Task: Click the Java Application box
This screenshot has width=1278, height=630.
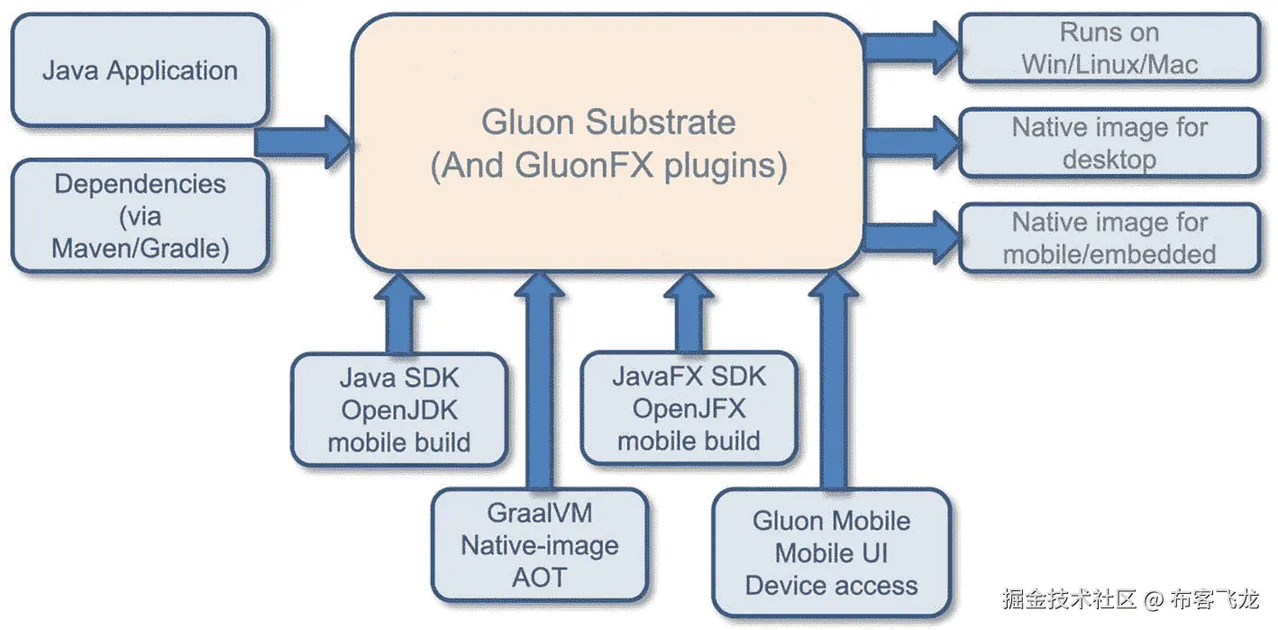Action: (x=140, y=70)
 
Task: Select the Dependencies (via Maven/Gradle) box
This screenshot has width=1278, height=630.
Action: (x=140, y=216)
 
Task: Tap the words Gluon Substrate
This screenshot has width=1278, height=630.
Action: (x=607, y=123)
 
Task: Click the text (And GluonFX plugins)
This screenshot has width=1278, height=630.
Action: (x=607, y=168)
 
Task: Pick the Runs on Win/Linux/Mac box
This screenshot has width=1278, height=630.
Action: (x=1109, y=49)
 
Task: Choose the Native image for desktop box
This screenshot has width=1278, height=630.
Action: (x=1109, y=143)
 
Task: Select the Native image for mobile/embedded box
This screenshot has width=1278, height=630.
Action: (x=1109, y=238)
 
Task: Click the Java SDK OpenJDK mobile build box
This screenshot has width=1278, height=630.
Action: (x=398, y=410)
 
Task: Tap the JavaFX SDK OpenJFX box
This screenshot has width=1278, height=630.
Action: (x=689, y=408)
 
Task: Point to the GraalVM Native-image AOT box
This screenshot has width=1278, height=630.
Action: (x=539, y=544)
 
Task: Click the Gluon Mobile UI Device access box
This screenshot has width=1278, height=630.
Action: (x=831, y=552)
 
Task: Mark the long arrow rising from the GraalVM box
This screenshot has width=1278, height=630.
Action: (x=539, y=379)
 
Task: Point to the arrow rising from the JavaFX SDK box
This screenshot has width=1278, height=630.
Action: (x=689, y=312)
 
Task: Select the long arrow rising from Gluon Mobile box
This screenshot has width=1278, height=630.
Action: (x=833, y=379)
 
